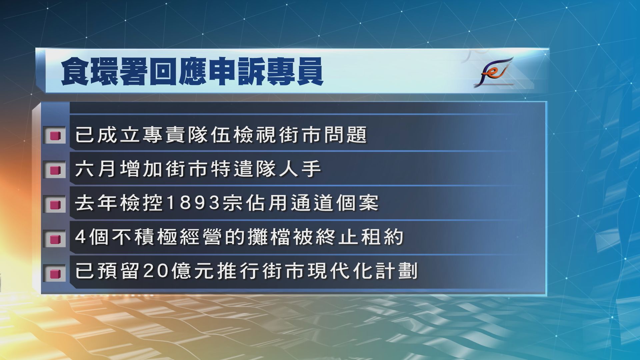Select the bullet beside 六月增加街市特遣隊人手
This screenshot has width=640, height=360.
54,170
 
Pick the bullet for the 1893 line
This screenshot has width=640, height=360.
54,204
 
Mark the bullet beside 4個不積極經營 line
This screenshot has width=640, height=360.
54,239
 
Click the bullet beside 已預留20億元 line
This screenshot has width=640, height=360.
54,273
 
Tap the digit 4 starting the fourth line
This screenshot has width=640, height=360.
81,237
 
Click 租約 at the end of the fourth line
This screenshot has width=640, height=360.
382,237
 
